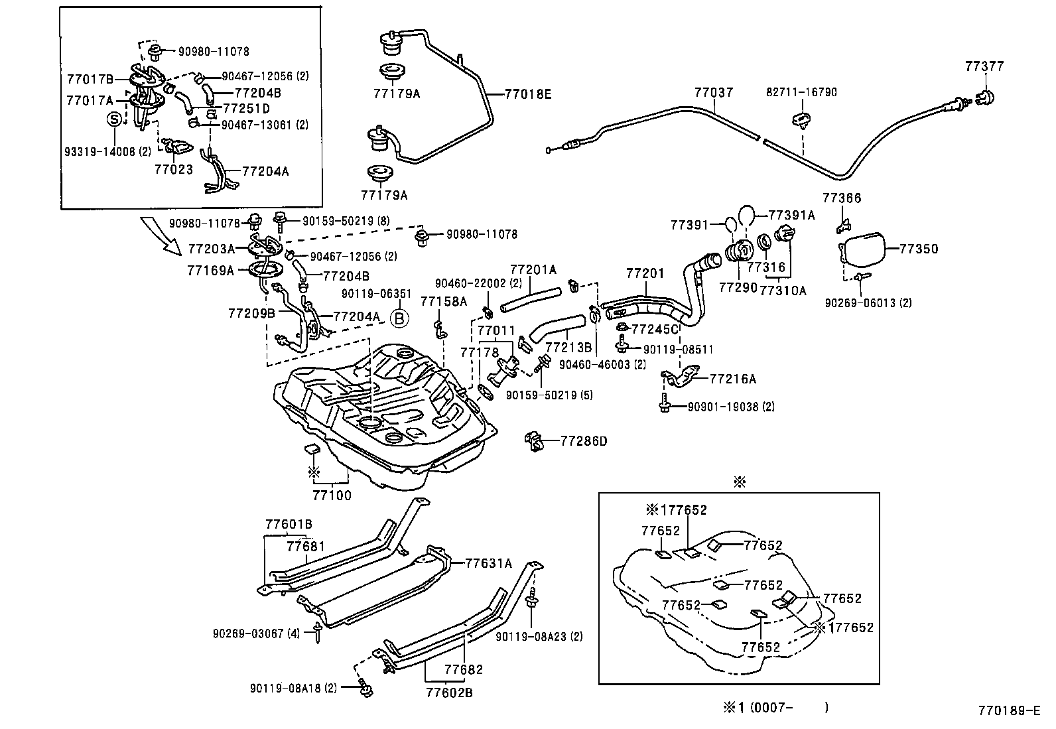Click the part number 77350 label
tap(919, 249)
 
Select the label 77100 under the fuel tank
tap(332, 495)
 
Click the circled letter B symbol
tap(399, 319)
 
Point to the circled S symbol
tap(115, 119)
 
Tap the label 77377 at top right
tap(984, 66)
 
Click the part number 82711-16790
tap(802, 92)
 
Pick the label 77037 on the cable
tap(714, 93)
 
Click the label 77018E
tap(528, 94)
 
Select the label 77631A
tap(489, 563)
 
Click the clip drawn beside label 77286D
tap(535, 440)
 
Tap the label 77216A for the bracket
tap(733, 379)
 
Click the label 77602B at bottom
tap(449, 693)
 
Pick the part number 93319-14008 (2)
tap(108, 151)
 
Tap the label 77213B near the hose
tap(568, 347)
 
